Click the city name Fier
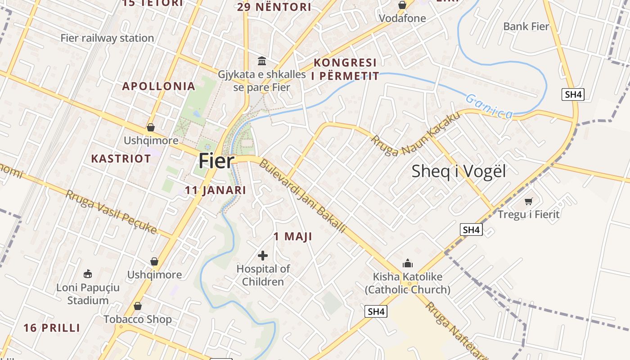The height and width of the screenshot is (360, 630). coord(216,161)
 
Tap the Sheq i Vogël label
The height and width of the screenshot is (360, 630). coord(459,171)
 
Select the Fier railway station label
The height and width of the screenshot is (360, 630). coord(107,38)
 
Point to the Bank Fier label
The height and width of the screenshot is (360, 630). coord(526,27)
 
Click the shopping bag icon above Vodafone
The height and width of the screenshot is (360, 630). coord(402,5)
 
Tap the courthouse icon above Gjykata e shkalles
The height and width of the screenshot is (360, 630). coord(261,61)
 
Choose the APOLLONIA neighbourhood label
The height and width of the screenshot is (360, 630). coord(159,86)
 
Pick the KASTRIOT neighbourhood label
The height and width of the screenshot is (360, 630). coord(121,159)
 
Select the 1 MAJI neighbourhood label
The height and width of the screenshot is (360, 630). coord(292,237)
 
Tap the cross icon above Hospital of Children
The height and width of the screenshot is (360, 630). coord(263,256)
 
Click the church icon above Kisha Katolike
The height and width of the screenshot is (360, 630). coord(408,263)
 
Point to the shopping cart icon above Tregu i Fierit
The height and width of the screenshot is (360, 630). coord(528,201)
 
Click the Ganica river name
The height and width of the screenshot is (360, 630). coord(489,106)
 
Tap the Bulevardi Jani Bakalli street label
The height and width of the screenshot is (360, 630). coord(302,196)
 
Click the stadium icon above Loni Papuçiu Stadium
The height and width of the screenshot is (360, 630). coord(88,274)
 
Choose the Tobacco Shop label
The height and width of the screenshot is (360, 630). coord(138,319)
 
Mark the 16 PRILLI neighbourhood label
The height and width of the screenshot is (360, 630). coord(52,328)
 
